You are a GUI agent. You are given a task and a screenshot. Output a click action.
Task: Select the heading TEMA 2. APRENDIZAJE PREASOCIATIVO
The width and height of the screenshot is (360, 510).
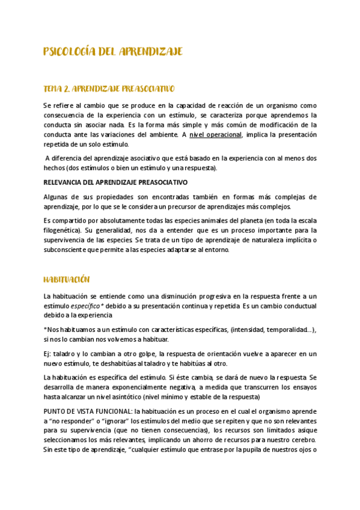click(109, 89)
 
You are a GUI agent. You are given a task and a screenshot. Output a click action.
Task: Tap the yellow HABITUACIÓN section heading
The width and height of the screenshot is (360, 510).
click(67, 280)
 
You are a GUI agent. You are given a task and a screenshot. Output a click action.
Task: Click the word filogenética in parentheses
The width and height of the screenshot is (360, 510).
click(64, 230)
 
